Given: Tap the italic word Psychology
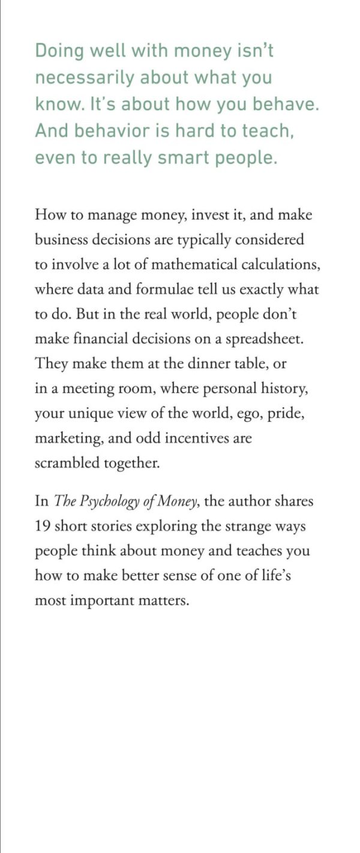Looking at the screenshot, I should coord(115,501).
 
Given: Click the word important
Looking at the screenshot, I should coord(105,600).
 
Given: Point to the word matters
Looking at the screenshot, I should coord(165,600).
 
